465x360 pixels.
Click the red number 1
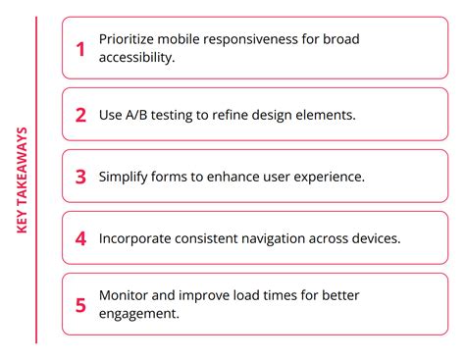tap(80, 48)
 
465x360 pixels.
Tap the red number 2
tap(80, 114)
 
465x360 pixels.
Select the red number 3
tap(80, 177)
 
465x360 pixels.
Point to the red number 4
tap(80, 237)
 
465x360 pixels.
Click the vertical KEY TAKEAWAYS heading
tap(23, 180)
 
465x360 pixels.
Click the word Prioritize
tap(128, 40)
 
